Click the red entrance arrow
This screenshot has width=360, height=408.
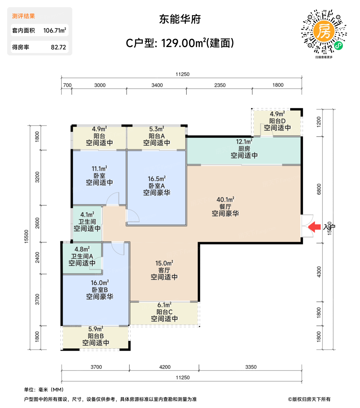point(314,227)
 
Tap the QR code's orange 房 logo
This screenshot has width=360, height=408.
point(324,31)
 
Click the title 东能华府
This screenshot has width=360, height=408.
point(180,19)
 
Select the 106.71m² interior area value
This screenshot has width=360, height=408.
point(55,30)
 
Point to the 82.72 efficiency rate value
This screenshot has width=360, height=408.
point(58,47)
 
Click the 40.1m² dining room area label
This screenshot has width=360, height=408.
point(225,200)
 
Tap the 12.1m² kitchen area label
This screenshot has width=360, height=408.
point(244,142)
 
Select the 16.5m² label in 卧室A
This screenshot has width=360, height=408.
point(157,179)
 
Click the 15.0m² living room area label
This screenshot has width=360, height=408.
point(164,263)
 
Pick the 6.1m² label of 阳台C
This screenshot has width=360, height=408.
point(164,305)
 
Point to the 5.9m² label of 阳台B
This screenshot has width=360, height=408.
point(96,329)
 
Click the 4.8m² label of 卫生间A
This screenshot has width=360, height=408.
point(82,249)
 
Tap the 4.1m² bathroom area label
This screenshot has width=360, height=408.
point(87,215)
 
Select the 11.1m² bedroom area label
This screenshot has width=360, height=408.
point(99,169)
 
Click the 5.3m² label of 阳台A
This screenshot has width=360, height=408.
point(157,129)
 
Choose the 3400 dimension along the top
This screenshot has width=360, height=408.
point(157,85)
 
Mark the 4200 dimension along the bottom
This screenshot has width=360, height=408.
point(165,367)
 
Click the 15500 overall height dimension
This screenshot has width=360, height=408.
point(27,236)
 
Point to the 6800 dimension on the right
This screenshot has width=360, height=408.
point(319,189)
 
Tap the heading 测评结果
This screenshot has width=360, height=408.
point(23,16)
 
